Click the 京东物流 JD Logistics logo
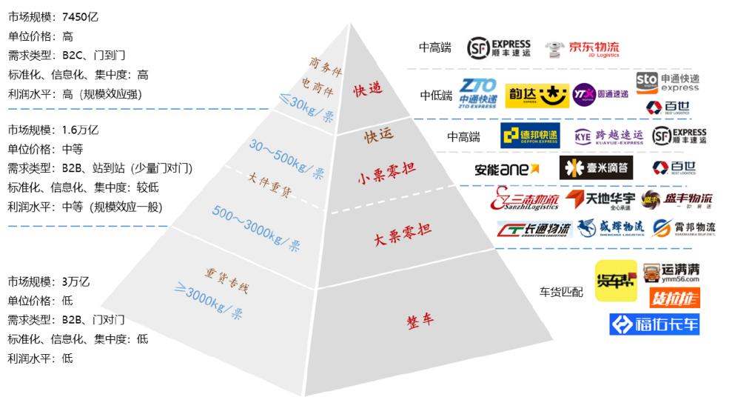pyautogui.click(x=582, y=49)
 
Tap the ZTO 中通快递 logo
pyautogui.click(x=477, y=93)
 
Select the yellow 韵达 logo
pyautogui.click(x=533, y=94)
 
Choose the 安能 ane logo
pyautogui.click(x=511, y=169)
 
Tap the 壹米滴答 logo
pyautogui.click(x=596, y=168)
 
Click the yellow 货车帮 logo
pyautogui.click(x=615, y=281)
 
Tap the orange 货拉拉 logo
pyautogui.click(x=674, y=298)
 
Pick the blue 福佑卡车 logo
pyautogui.click(x=654, y=324)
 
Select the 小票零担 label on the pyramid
pyautogui.click(x=386, y=167)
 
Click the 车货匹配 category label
pyautogui.click(x=560, y=292)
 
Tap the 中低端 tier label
pyautogui.click(x=435, y=95)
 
